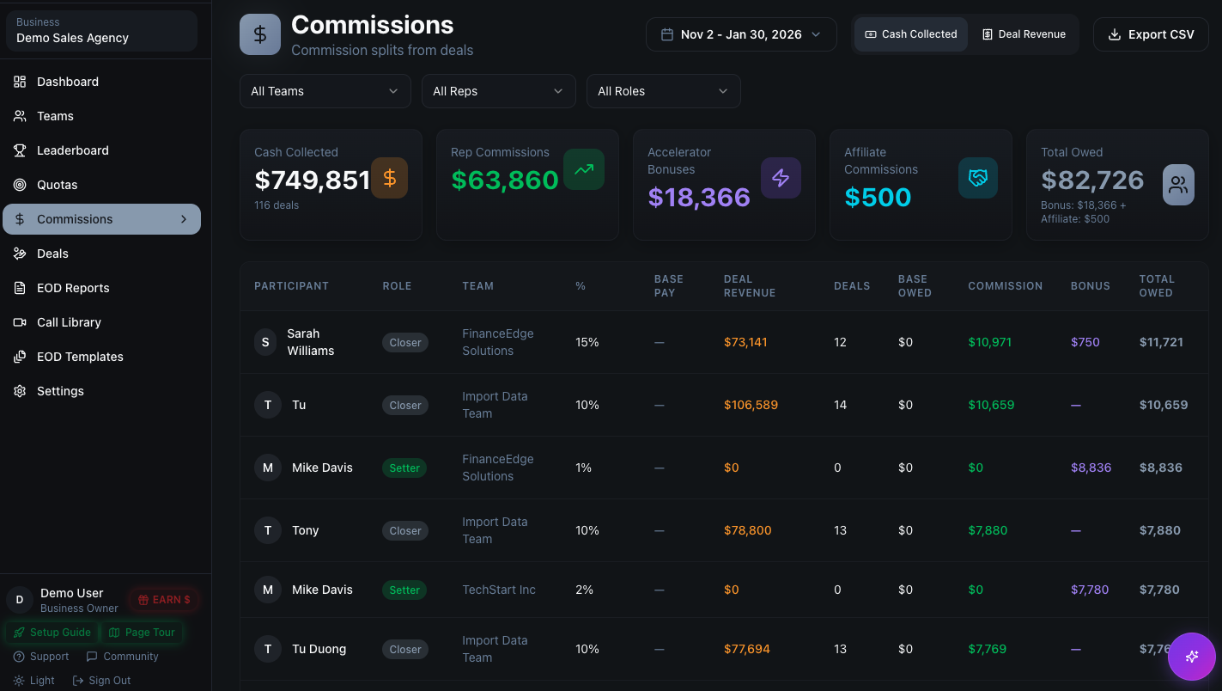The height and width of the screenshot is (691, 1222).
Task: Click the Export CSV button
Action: (x=1151, y=34)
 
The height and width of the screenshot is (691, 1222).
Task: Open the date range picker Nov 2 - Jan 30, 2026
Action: (x=741, y=34)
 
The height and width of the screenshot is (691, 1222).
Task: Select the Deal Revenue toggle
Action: (x=1024, y=34)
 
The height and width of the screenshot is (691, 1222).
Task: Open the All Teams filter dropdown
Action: (x=325, y=91)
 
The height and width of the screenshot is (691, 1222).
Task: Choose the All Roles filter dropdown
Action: (x=663, y=91)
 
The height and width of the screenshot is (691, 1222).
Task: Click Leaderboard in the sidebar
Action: (x=72, y=150)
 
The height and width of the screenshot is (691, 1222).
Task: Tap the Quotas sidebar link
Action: (x=57, y=185)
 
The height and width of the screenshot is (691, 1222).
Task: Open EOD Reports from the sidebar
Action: (x=73, y=288)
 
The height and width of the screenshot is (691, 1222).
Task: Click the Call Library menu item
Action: (x=69, y=322)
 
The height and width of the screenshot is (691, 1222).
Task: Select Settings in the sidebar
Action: (x=60, y=391)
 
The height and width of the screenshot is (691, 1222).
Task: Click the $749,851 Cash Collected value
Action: (x=312, y=180)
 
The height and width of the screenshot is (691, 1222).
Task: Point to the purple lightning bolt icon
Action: (x=781, y=178)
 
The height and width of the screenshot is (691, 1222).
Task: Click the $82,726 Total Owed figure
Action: (x=1092, y=180)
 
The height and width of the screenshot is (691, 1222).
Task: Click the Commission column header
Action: (x=1005, y=286)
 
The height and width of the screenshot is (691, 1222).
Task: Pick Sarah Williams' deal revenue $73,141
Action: (x=745, y=342)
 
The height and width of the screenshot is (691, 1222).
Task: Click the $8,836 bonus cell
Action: (x=1091, y=468)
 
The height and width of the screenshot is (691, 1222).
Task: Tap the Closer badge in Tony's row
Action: (x=404, y=531)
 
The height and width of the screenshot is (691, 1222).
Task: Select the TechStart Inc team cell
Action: (x=498, y=590)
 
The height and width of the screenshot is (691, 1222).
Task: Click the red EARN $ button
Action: (x=164, y=600)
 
